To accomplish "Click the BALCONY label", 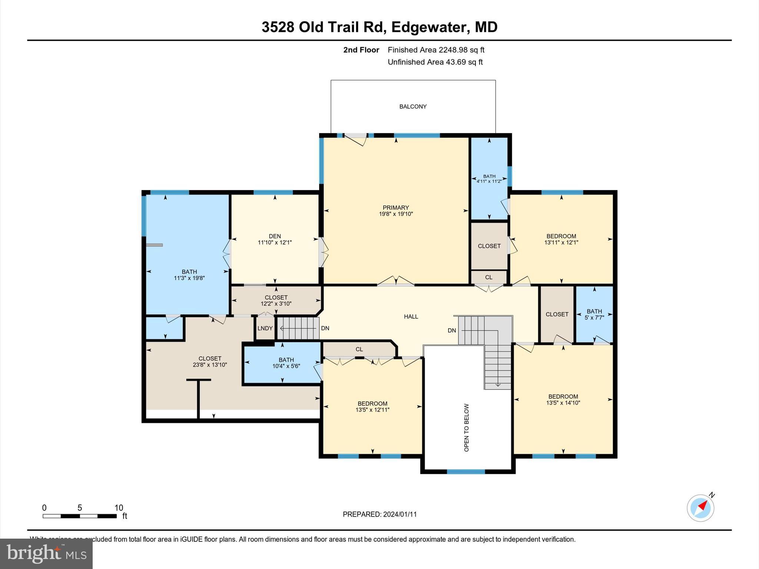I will point(413,107).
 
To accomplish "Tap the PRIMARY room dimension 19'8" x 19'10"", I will point(396,214).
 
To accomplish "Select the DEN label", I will point(275,236).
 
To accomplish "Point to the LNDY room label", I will point(265,329).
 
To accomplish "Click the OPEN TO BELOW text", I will point(467,427).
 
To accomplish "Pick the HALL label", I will point(411,317).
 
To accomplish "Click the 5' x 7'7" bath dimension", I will point(594,317).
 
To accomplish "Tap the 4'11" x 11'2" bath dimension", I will point(489,181).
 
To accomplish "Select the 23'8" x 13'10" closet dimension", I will point(210,365).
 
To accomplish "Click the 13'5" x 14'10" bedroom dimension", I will point(563,403).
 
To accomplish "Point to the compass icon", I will point(700,508).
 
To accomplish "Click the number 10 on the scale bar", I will point(119,508).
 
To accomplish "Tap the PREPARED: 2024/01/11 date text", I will point(379,514).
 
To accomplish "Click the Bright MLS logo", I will point(46,553).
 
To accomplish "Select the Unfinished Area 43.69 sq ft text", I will point(435,62).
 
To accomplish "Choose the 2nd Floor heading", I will point(361,50).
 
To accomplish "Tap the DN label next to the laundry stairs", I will point(325,328).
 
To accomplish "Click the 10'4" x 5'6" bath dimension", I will point(286,366).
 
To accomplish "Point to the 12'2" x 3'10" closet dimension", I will point(276,304).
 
